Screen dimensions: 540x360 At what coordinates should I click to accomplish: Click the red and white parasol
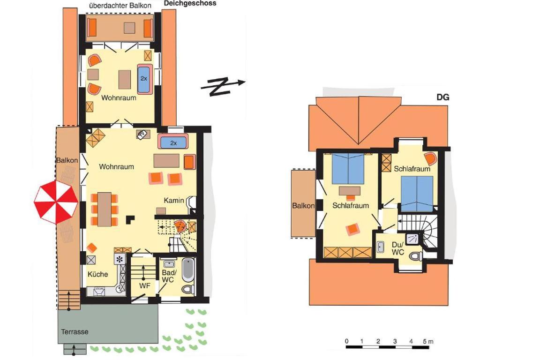(56, 202)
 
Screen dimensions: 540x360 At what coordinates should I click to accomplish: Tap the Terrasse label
(75, 332)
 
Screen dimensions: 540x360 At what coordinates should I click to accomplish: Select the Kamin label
(173, 200)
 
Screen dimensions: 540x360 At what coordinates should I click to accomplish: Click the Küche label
(98, 274)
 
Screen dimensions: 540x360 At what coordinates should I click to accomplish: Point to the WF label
(145, 285)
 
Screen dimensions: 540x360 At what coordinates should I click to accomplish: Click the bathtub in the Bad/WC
(188, 270)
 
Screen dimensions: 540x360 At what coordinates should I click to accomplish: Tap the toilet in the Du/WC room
(416, 256)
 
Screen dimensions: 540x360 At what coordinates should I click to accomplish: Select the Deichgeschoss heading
(190, 3)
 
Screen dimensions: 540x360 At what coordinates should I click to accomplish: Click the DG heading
(443, 97)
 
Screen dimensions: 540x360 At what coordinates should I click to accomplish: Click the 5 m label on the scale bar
(428, 341)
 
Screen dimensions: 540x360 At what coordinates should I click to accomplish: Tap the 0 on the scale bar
(347, 341)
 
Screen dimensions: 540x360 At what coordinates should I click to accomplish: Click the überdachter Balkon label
(120, 6)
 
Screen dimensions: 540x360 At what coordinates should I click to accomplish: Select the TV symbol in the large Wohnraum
(142, 135)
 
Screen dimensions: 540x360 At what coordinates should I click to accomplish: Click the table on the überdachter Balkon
(129, 28)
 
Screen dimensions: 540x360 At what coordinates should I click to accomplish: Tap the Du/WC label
(398, 248)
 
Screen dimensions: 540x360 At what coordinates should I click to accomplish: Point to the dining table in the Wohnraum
(105, 209)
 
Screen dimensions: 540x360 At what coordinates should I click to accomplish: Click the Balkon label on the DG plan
(303, 206)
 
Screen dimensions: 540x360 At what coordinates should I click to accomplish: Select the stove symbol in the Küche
(120, 259)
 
